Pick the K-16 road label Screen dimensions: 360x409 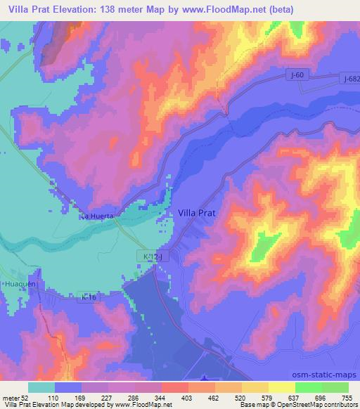pyautogui.click(x=89, y=298)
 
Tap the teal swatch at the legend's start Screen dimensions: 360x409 pyautogui.click(x=41, y=387)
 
